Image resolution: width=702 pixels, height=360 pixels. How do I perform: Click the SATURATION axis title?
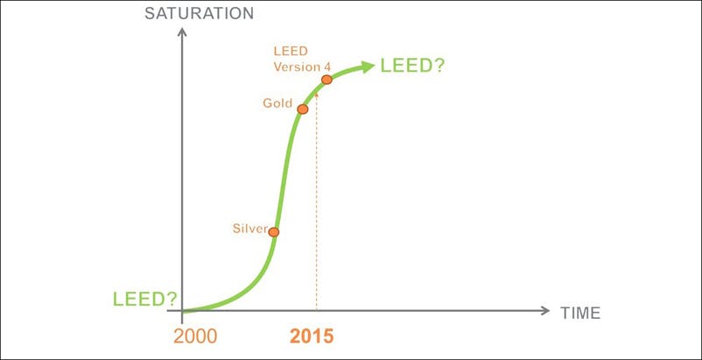[199, 13]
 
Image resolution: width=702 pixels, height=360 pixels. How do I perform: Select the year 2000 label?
[197, 335]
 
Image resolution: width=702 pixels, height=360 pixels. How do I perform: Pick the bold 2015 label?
[312, 335]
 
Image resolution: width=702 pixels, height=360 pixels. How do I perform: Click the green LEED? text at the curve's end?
[412, 67]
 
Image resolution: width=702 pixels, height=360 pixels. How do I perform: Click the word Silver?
[249, 229]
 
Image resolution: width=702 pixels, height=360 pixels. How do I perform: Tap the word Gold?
[277, 103]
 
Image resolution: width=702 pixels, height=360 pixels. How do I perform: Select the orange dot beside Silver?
[274, 232]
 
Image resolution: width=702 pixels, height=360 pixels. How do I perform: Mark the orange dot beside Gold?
[302, 109]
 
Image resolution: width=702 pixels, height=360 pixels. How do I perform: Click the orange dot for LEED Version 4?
[326, 80]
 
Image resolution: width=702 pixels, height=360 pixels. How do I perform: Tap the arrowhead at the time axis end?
[545, 311]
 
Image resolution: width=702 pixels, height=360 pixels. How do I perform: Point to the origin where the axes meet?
[183, 311]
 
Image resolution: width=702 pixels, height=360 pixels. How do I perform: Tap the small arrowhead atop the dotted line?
[317, 90]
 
